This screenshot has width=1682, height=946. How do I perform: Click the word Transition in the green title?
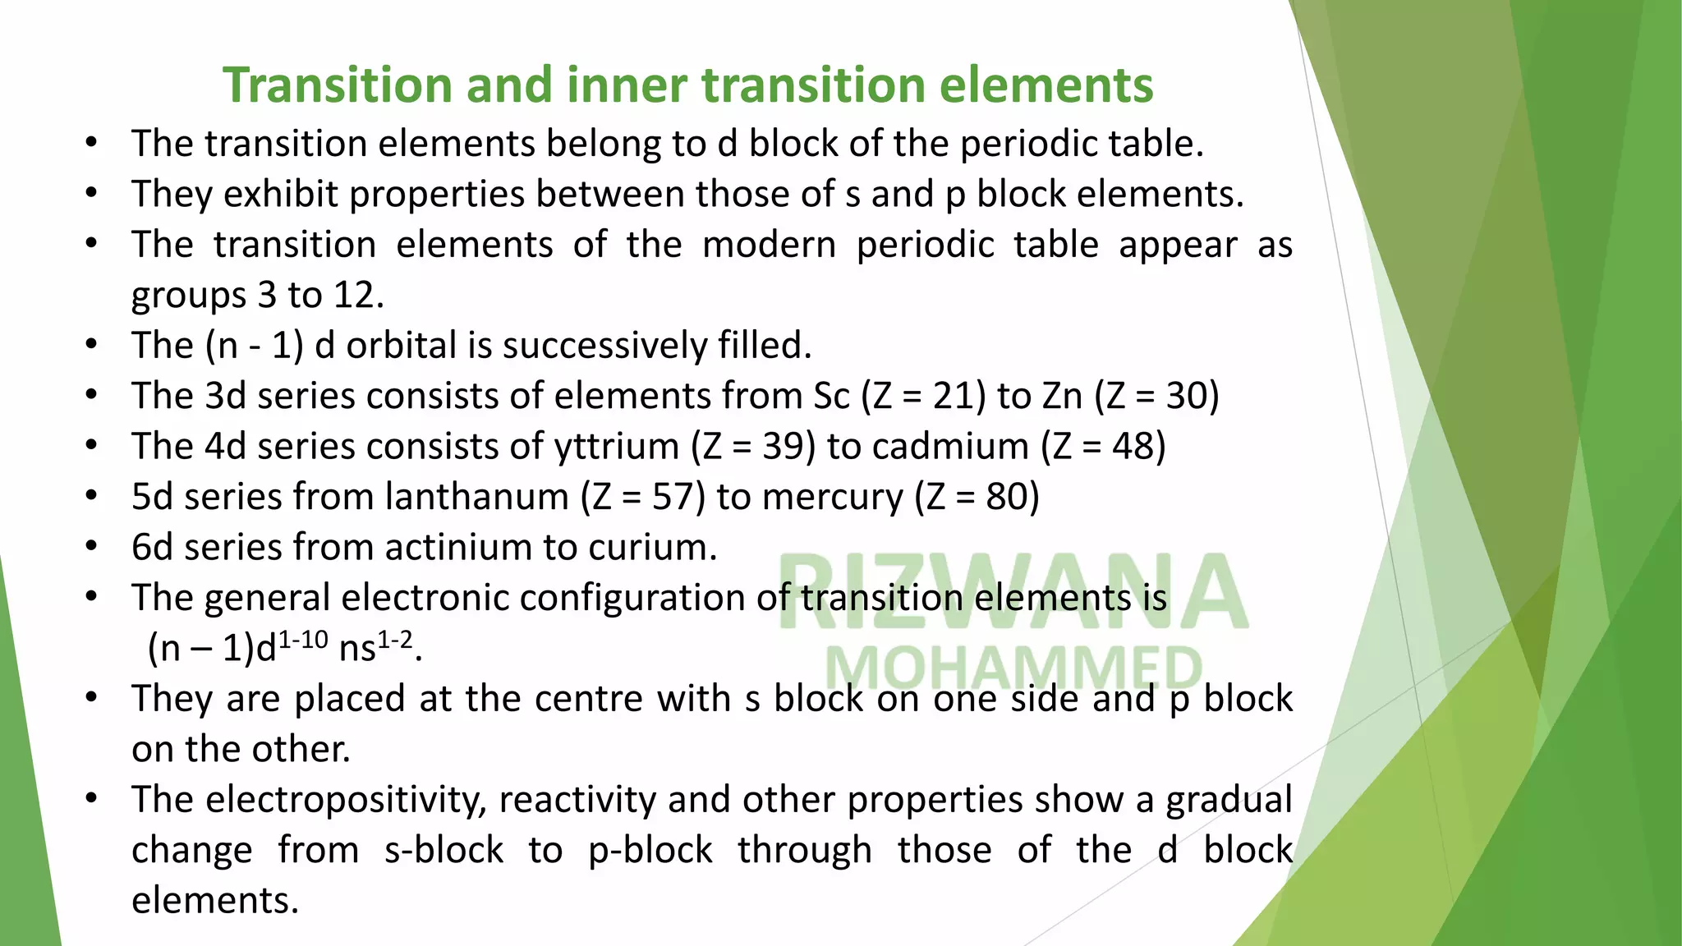(337, 85)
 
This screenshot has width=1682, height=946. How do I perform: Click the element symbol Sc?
(831, 397)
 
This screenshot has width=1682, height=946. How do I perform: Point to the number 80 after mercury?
(1007, 498)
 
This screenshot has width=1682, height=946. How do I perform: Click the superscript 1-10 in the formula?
(304, 640)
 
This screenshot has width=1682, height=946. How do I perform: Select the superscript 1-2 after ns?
(395, 640)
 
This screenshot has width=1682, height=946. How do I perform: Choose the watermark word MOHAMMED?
(1013, 668)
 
